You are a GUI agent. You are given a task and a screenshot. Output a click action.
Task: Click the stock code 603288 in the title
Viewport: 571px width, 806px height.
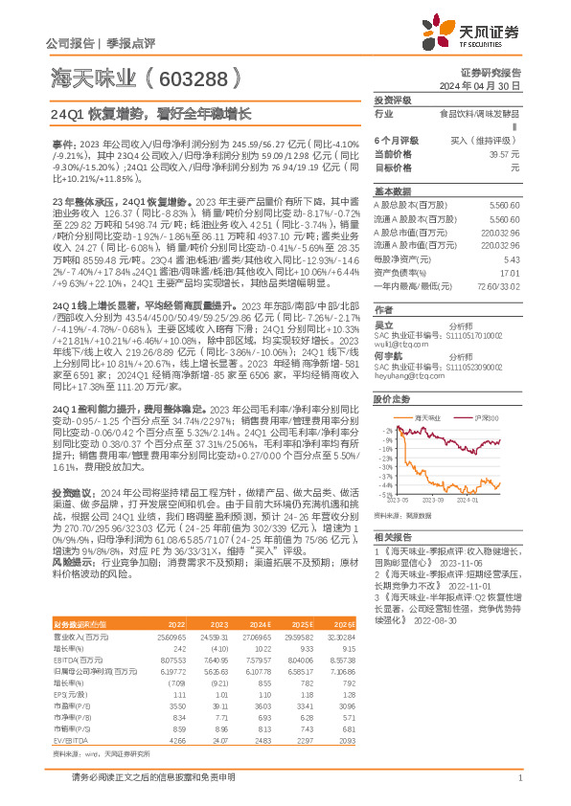coord(188,78)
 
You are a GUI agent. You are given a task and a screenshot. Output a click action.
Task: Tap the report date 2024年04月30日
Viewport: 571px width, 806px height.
coord(491,85)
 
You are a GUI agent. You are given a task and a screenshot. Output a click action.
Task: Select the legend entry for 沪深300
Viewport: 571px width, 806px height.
coord(486,418)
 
